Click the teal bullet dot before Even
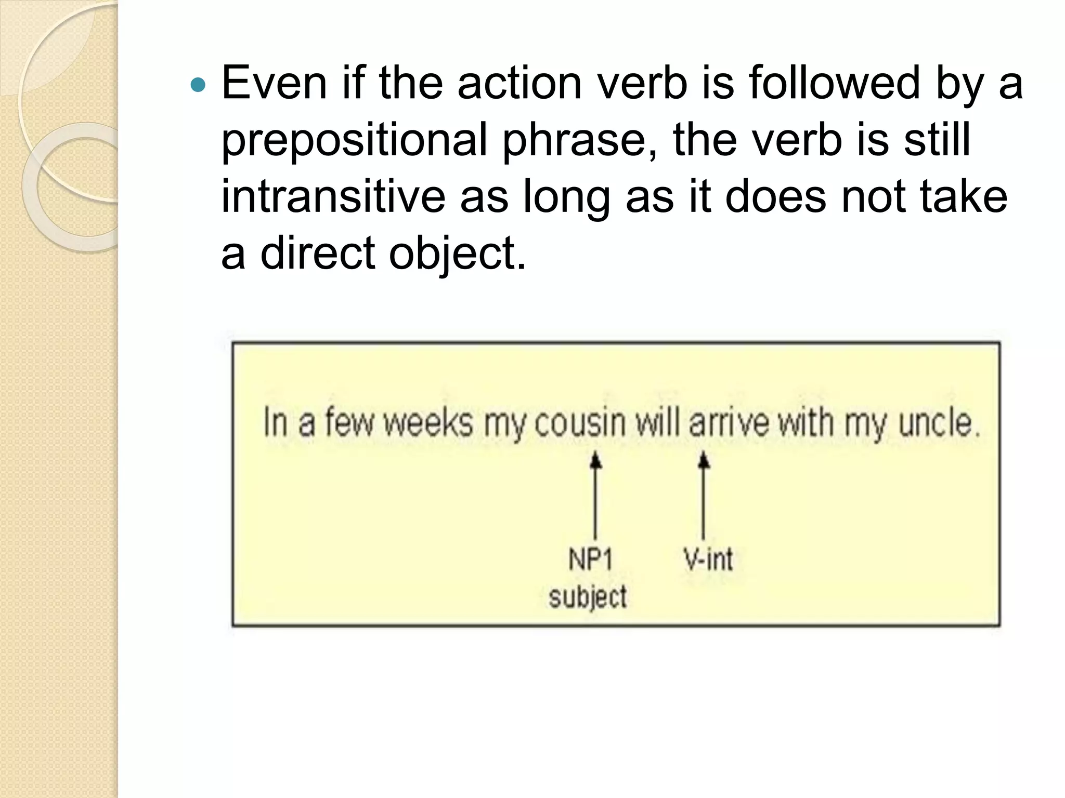(198, 85)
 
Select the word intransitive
(333, 197)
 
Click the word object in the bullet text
(457, 255)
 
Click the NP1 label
(591, 560)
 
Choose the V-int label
(708, 560)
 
